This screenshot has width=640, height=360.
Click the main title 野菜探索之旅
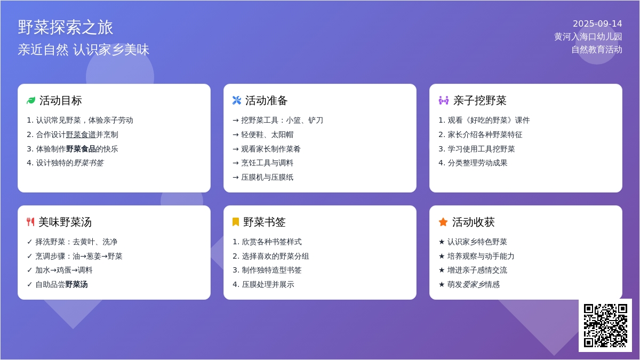click(66, 27)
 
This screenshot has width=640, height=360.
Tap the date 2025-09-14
click(597, 23)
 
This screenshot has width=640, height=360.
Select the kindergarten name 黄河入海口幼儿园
click(588, 37)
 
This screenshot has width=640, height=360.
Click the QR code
click(605, 325)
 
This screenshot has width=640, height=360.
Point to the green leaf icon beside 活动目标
click(31, 101)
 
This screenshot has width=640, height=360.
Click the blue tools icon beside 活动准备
click(237, 101)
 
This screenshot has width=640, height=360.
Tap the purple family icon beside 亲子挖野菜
click(443, 101)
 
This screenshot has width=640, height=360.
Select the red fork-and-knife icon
click(30, 222)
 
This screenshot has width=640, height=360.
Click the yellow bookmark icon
click(235, 222)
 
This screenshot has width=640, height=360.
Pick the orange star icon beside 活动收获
click(443, 222)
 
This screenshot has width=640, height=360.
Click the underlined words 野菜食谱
click(81, 134)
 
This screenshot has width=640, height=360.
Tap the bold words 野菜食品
click(81, 149)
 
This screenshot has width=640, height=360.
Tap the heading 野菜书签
click(265, 222)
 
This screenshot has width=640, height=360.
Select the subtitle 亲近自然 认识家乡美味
click(83, 50)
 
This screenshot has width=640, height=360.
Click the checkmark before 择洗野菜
click(29, 242)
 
